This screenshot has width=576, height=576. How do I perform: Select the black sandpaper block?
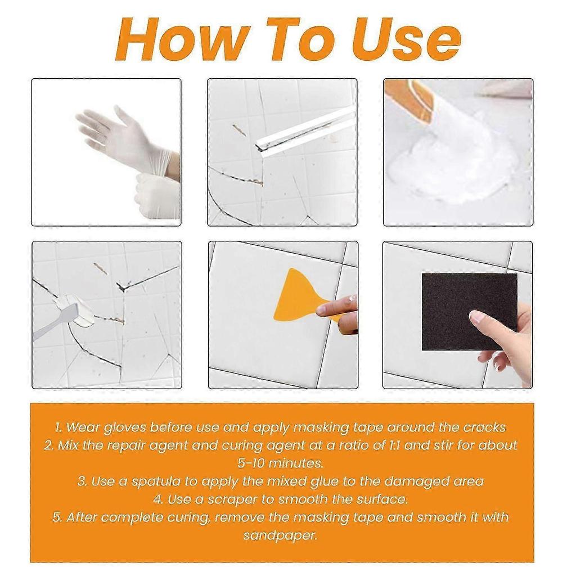pyautogui.click(x=470, y=312)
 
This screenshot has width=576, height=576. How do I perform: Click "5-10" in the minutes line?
pyautogui.click(x=251, y=463)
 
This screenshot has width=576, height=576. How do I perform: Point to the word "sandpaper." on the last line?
pyautogui.click(x=280, y=535)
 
